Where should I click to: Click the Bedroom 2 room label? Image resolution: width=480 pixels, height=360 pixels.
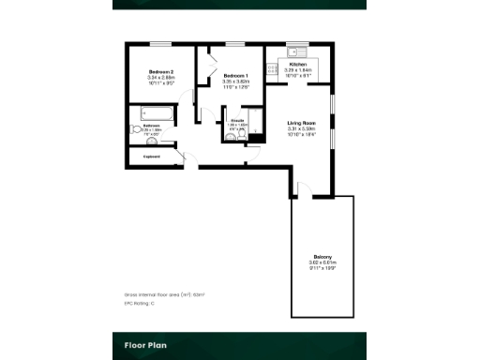point(161,72)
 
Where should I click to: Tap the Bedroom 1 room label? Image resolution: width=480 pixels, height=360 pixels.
point(235,75)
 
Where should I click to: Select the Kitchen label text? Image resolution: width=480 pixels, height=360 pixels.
point(298,65)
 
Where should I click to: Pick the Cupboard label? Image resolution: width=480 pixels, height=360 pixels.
point(151,157)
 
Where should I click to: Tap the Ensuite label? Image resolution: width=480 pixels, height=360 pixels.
point(237,120)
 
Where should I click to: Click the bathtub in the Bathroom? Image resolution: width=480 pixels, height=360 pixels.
point(153,115)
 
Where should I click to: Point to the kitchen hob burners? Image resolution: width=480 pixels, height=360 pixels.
point(271,67)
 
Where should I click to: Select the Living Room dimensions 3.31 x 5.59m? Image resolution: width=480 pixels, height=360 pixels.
point(301,130)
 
